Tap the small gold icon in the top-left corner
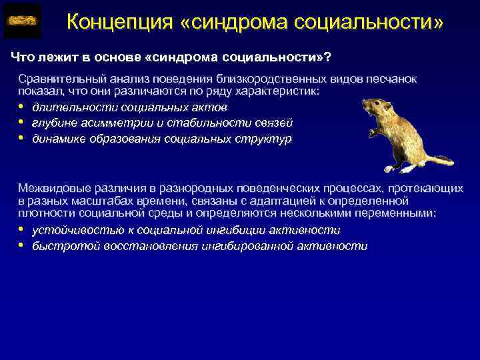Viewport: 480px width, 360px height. (x=22, y=22)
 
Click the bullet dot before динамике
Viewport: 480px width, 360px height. (x=21, y=139)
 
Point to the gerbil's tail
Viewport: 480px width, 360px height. (x=437, y=160)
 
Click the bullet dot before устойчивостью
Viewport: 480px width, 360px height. (x=21, y=229)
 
